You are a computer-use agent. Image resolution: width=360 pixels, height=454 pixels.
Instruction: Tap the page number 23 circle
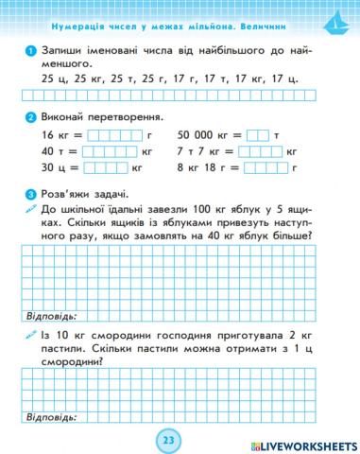(x=168, y=440)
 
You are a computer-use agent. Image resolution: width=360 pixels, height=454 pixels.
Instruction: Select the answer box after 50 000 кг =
(x=258, y=135)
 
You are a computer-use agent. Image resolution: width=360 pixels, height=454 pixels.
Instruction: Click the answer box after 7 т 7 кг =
(x=274, y=151)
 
